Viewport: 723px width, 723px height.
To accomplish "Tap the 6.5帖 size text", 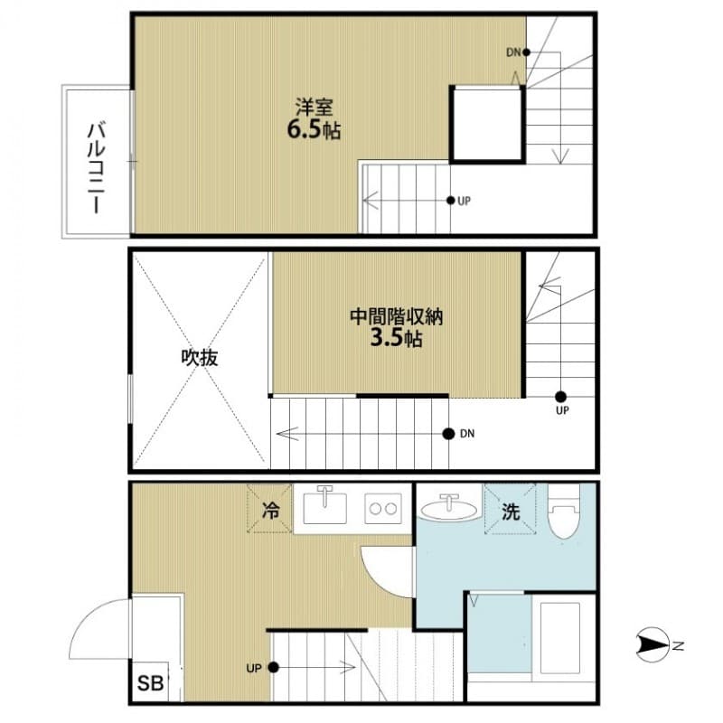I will pos(314,130).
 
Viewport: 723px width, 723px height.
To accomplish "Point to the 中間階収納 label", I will pos(397,318).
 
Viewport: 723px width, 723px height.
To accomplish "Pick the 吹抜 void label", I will pos(200,358).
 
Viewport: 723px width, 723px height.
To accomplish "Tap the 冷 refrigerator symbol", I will pos(270,510).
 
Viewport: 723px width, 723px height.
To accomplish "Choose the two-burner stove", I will pos(383,508).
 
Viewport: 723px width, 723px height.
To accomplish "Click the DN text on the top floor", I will pos(512,52).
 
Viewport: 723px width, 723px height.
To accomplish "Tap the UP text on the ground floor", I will pos(253,669).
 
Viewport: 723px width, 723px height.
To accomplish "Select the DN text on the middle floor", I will pos(467,434).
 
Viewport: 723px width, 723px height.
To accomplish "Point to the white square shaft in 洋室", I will pos(487,123).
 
